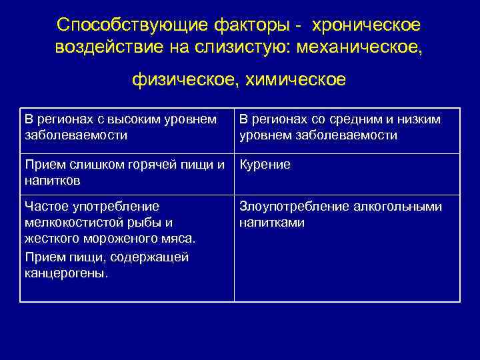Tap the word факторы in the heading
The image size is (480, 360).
246,25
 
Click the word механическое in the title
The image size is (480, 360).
373,48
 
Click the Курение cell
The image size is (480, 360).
265,165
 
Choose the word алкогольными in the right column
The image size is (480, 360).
386,207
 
